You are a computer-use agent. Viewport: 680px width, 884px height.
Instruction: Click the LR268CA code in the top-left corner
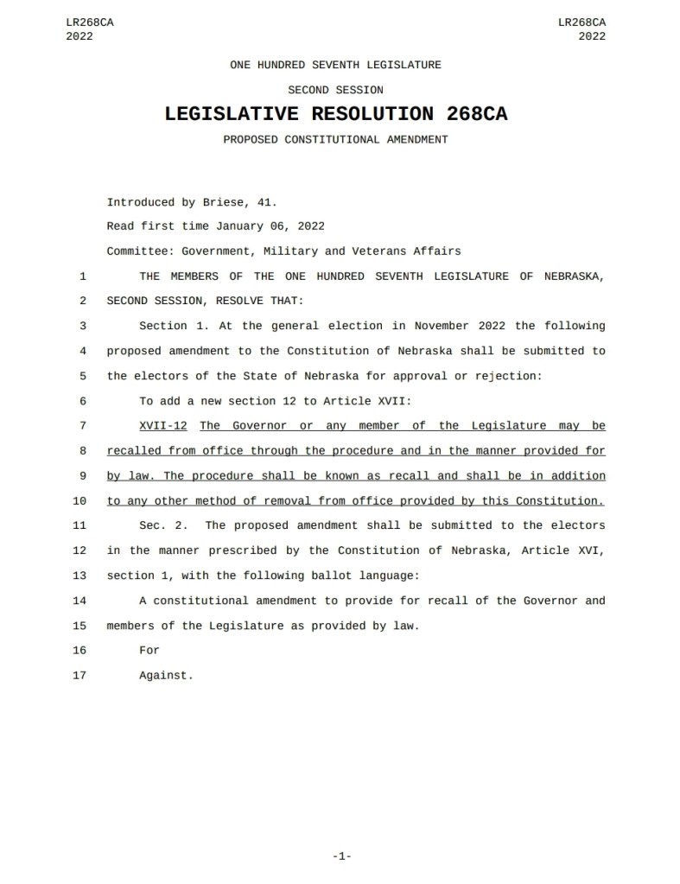coord(89,22)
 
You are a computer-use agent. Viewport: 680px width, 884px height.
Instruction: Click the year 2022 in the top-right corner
coord(592,36)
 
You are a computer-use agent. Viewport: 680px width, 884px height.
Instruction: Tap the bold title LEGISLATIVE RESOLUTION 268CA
coord(335,113)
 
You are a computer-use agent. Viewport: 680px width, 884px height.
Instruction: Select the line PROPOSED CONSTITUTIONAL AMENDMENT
coord(335,139)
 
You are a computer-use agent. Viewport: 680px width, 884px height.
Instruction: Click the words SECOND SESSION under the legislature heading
coord(335,90)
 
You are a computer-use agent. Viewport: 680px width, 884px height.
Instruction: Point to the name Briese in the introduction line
coord(219,203)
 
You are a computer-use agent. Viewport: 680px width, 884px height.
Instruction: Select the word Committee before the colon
coord(135,251)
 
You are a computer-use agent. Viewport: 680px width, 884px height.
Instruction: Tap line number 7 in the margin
coord(82,426)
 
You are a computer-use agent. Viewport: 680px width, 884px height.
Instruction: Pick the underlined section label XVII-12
coord(163,426)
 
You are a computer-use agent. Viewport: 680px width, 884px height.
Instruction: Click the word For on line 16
coord(149,651)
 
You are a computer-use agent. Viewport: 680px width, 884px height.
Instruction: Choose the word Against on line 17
coord(166,676)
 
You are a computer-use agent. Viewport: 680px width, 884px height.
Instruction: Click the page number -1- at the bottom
coord(340,856)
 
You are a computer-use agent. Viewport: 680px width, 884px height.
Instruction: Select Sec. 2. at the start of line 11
coord(163,525)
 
